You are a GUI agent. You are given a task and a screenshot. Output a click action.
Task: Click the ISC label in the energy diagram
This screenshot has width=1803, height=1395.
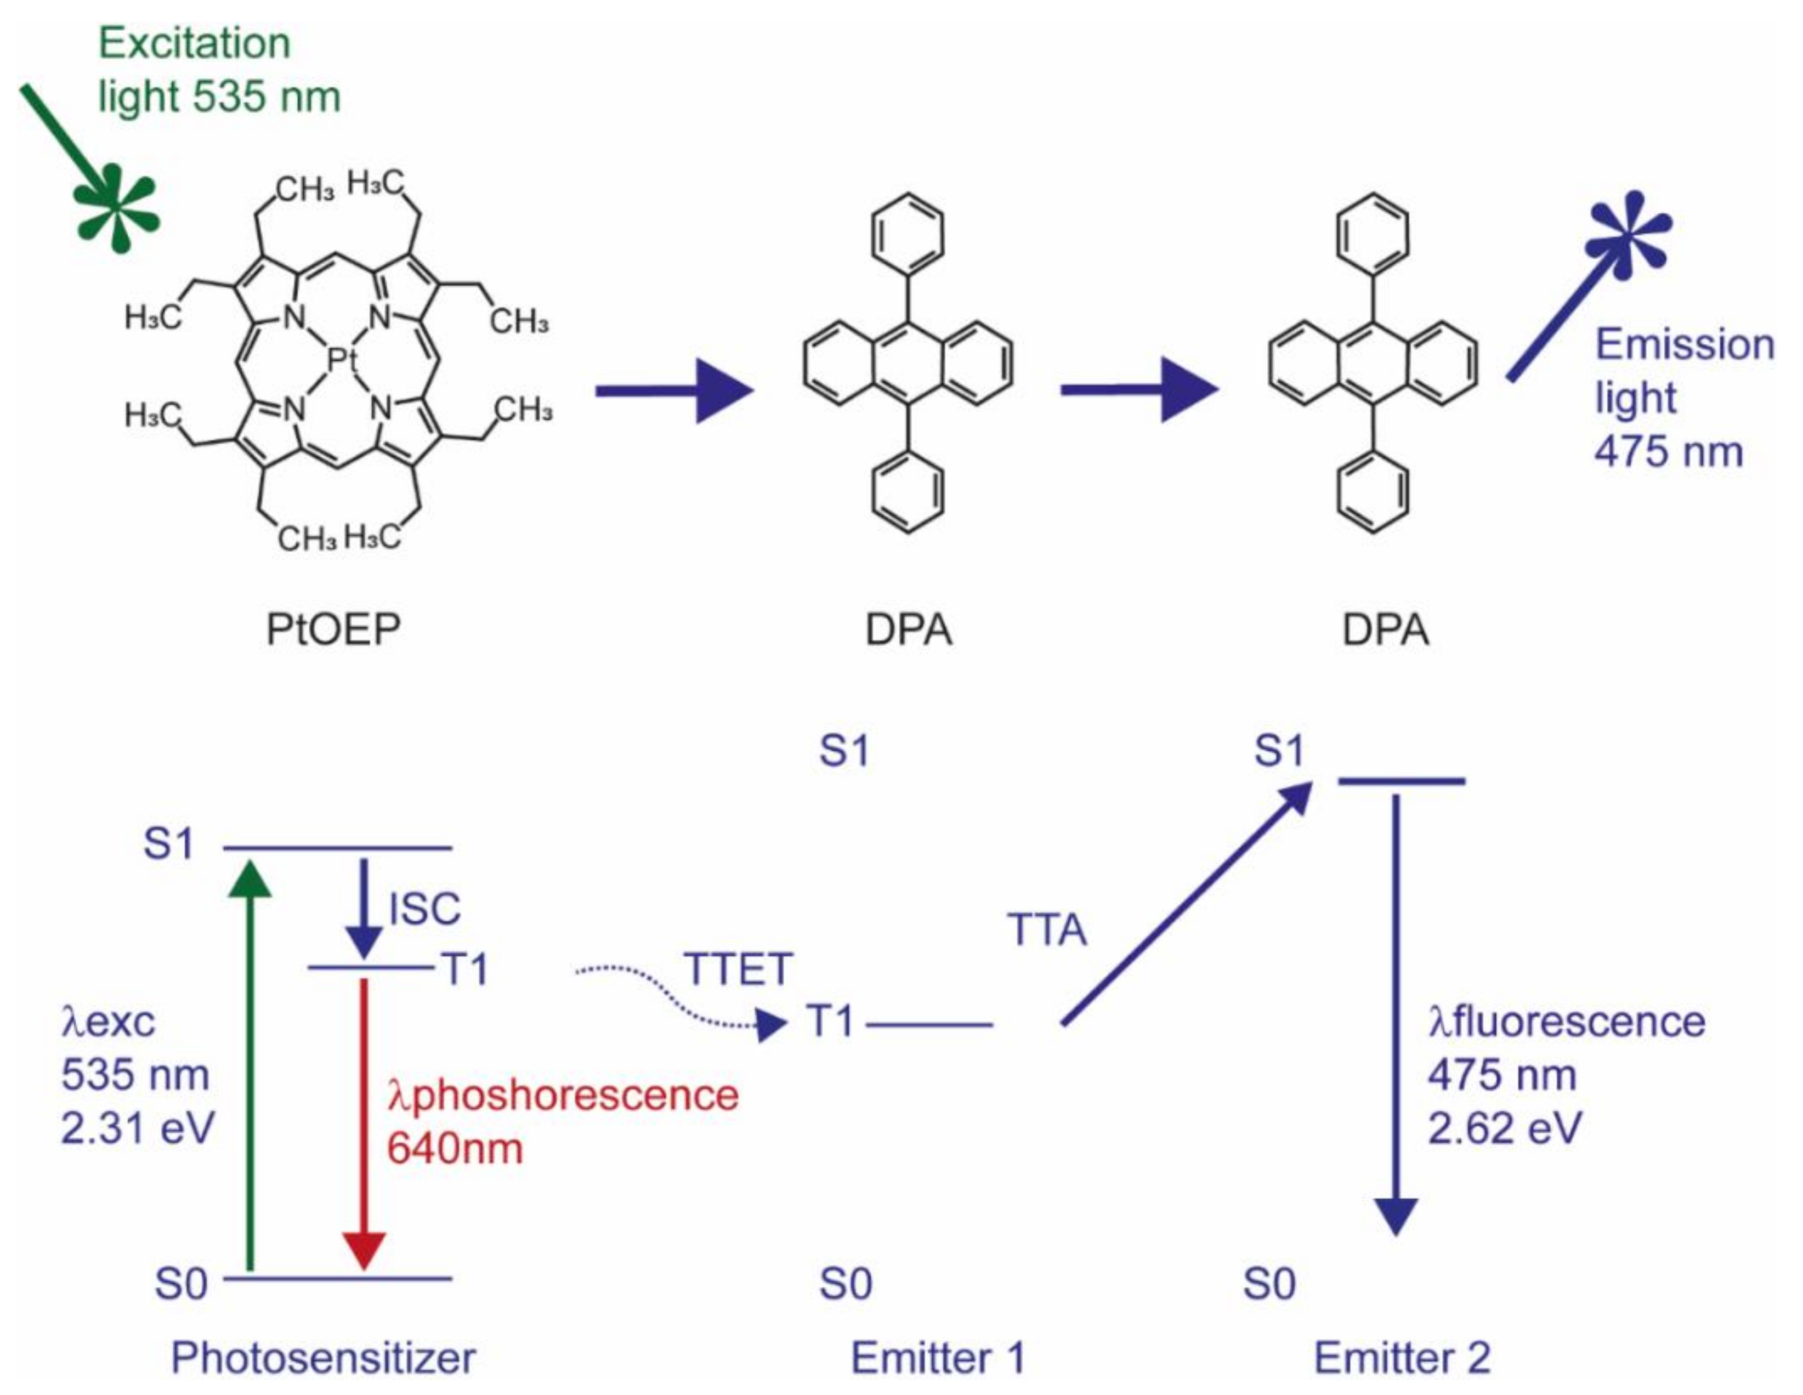click(424, 909)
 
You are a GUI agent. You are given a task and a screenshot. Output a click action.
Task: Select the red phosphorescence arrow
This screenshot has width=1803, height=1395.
click(363, 1122)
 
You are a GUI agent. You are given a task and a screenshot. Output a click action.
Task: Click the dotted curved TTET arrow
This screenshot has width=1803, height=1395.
click(677, 999)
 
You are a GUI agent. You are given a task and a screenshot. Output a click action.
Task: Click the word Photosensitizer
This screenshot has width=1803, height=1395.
click(323, 1358)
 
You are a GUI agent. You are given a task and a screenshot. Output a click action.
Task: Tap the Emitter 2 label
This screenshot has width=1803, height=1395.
click(1402, 1358)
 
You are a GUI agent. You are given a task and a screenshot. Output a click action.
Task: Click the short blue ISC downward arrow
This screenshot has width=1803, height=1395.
click(363, 908)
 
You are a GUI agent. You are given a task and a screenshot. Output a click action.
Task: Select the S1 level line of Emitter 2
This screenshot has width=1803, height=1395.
click(1401, 781)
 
